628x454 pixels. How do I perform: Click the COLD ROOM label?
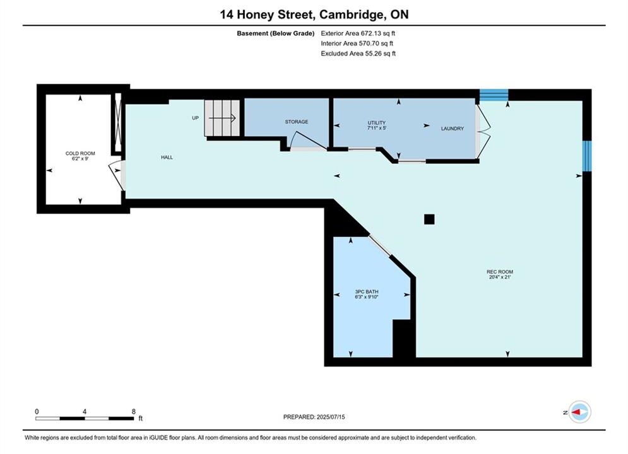click(80, 153)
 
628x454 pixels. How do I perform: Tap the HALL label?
click(167, 157)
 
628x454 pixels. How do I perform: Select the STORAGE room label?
click(297, 122)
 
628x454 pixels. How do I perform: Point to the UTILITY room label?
click(376, 123)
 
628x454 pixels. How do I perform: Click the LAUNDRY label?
click(452, 129)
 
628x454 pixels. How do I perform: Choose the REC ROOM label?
click(500, 272)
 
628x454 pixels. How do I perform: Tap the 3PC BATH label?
click(367, 291)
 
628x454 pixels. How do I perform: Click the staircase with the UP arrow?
click(222, 118)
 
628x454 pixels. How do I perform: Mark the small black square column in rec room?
click(429, 219)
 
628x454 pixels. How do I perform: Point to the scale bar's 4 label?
click(85, 411)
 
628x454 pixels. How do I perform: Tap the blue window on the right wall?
click(587, 156)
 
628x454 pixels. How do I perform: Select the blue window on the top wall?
click(494, 95)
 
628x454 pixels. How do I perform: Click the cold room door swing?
click(117, 175)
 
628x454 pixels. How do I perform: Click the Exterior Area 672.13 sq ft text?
click(358, 33)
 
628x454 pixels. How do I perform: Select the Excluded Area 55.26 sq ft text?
click(358, 53)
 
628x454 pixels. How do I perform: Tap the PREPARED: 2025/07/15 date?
click(314, 417)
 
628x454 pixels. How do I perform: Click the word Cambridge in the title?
click(350, 15)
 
